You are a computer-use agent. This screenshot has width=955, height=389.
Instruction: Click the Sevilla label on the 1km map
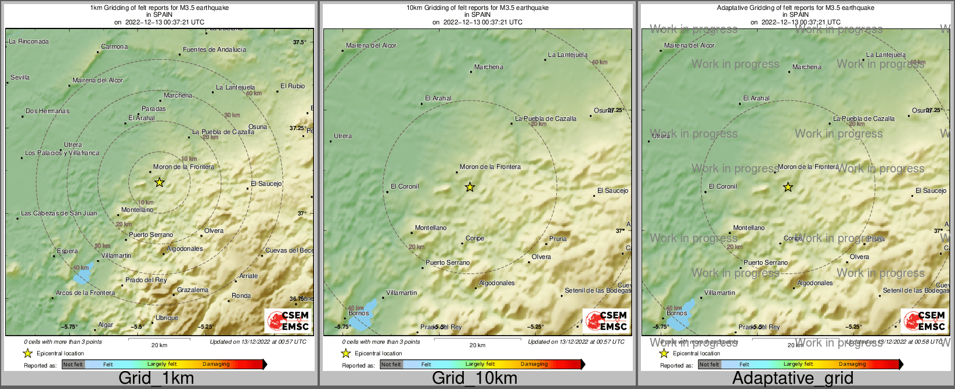coord(20,77)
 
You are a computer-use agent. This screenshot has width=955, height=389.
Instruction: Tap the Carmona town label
coord(114,46)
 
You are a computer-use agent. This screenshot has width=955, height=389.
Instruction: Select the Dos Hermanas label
coord(47,111)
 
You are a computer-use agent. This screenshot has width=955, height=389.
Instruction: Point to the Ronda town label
coord(241,296)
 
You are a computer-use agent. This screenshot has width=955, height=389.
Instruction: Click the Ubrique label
coord(167,318)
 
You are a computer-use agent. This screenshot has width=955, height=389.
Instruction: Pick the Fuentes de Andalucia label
coord(214,49)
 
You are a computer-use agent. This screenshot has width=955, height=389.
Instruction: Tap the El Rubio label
coord(292,86)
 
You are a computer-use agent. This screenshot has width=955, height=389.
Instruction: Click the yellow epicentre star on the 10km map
coord(470,187)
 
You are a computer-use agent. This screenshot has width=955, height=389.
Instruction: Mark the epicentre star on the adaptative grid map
coord(788,187)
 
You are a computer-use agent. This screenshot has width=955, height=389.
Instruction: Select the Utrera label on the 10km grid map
coord(343,136)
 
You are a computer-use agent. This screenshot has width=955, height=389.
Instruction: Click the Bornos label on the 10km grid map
coord(358,313)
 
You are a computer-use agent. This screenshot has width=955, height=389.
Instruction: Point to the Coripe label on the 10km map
coord(474,238)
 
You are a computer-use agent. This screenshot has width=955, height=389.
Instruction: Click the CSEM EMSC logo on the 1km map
coord(288,320)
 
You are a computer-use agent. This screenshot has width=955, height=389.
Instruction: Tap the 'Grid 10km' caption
coord(474,378)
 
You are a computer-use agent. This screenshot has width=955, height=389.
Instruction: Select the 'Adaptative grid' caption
coord(792,378)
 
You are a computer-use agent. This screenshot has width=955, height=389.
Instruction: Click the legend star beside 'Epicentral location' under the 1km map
coord(27,353)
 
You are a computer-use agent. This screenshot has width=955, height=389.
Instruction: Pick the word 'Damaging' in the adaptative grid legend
coord(852,364)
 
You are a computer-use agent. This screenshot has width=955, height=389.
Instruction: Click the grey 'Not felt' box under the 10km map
coord(391,364)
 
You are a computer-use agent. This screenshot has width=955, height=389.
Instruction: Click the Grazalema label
coord(192,290)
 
